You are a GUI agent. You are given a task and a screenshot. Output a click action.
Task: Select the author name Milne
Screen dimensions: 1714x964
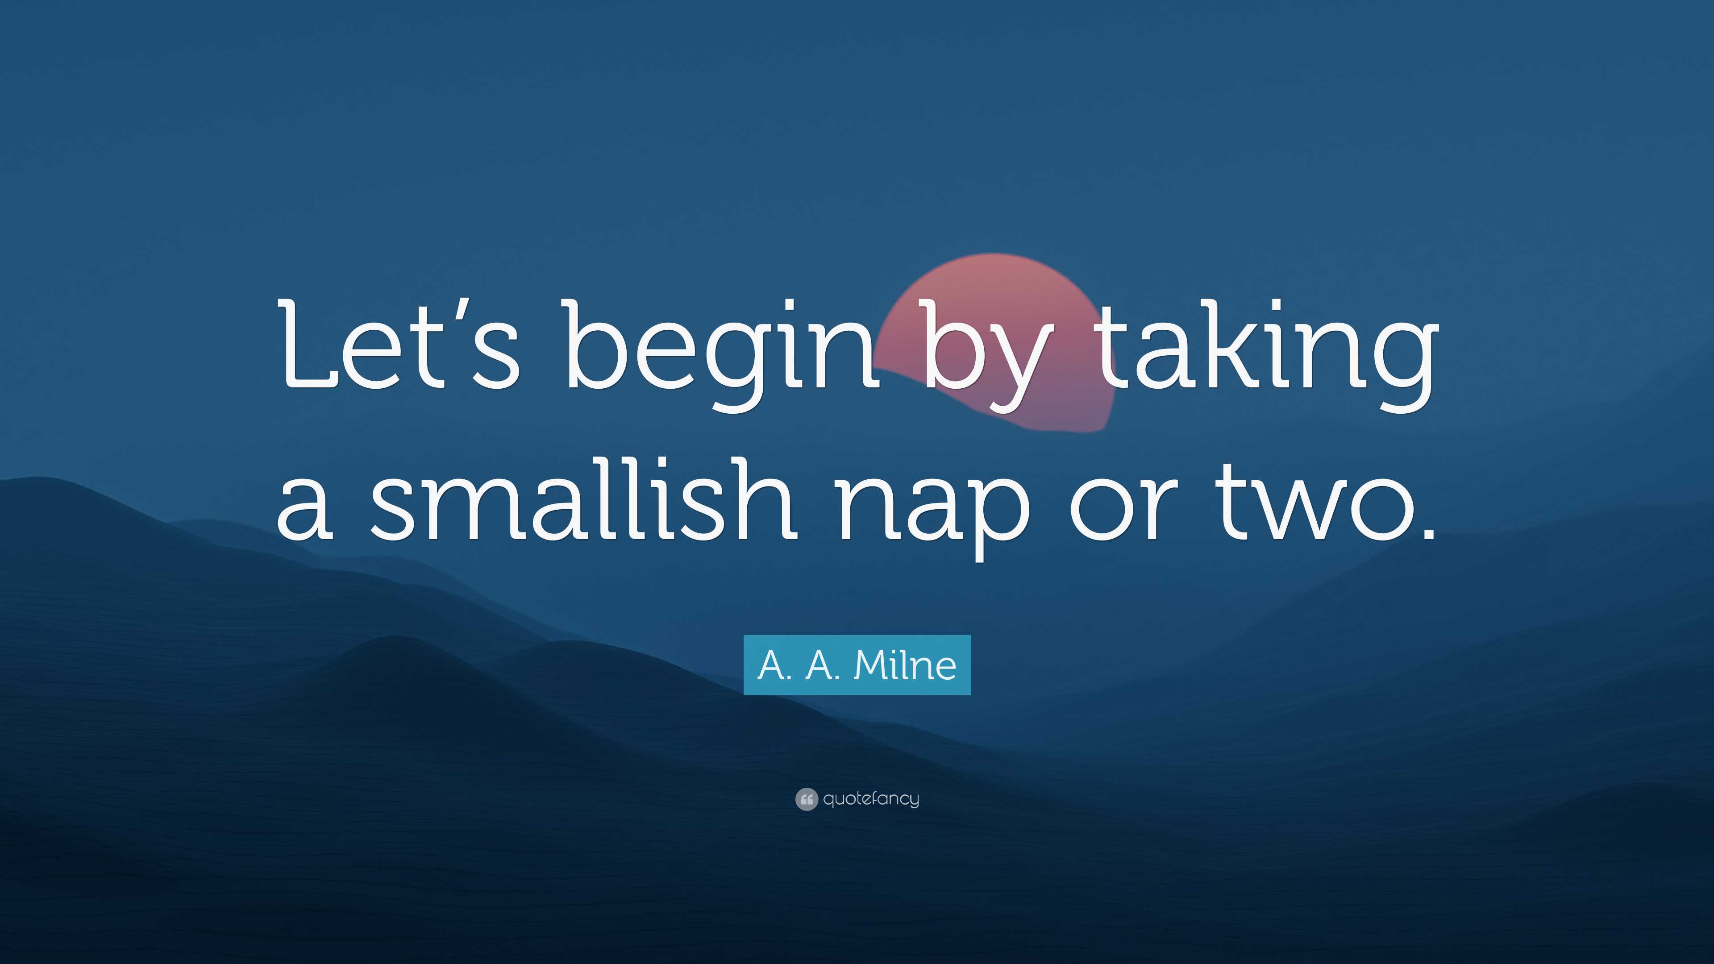pyautogui.click(x=905, y=665)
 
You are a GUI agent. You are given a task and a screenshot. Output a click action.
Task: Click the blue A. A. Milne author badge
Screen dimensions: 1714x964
pyautogui.click(x=857, y=665)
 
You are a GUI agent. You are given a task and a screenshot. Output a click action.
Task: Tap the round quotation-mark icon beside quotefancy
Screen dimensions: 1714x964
pyautogui.click(x=807, y=799)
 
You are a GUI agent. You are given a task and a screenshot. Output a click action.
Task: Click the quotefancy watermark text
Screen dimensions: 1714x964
pyautogui.click(x=871, y=799)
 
